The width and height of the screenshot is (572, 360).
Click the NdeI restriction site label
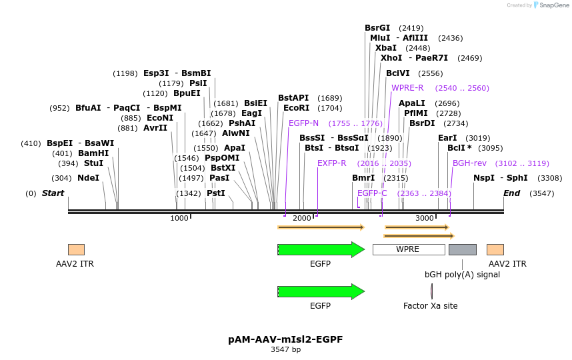[88, 178]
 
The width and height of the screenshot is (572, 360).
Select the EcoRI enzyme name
[296, 108]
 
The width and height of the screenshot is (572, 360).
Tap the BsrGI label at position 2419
[377, 28]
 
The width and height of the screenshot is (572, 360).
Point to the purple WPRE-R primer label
[407, 88]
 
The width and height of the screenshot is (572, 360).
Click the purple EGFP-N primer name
[303, 123]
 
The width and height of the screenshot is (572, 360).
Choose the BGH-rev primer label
[469, 163]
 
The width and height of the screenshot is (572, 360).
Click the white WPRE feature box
[408, 249]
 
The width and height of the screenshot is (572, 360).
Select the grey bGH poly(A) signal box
[462, 249]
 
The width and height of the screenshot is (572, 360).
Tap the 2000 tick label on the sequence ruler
[302, 219]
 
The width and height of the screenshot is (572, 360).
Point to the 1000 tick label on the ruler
[179, 219]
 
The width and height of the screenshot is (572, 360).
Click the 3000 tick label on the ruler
[425, 219]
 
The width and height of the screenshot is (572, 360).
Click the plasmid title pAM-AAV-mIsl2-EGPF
[285, 339]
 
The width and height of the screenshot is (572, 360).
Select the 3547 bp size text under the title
[285, 349]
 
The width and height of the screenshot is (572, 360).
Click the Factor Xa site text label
[430, 306]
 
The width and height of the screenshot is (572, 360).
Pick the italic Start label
[53, 193]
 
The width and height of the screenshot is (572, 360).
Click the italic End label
[511, 193]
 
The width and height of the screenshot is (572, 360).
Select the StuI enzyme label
[93, 163]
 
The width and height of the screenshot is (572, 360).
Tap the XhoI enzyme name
[391, 58]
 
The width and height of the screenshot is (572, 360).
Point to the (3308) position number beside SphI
[549, 178]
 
